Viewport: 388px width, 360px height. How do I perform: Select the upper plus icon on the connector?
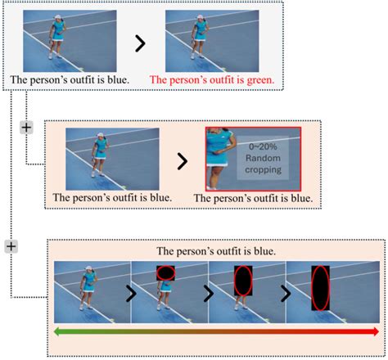25,128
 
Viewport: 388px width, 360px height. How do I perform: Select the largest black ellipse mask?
321,292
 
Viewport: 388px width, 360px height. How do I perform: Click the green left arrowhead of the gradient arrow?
57,331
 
